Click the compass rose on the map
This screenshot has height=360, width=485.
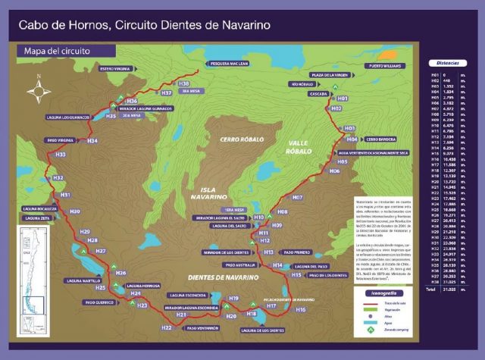38,92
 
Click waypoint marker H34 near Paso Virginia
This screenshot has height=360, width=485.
92,141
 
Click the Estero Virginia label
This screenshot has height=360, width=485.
111,69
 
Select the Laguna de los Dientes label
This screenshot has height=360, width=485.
262,330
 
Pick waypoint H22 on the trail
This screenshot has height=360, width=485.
167,327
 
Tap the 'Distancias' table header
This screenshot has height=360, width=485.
443,63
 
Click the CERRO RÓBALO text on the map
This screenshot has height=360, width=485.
240,139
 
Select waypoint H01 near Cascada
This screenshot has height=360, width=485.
342,99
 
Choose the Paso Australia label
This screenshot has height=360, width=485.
242,265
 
